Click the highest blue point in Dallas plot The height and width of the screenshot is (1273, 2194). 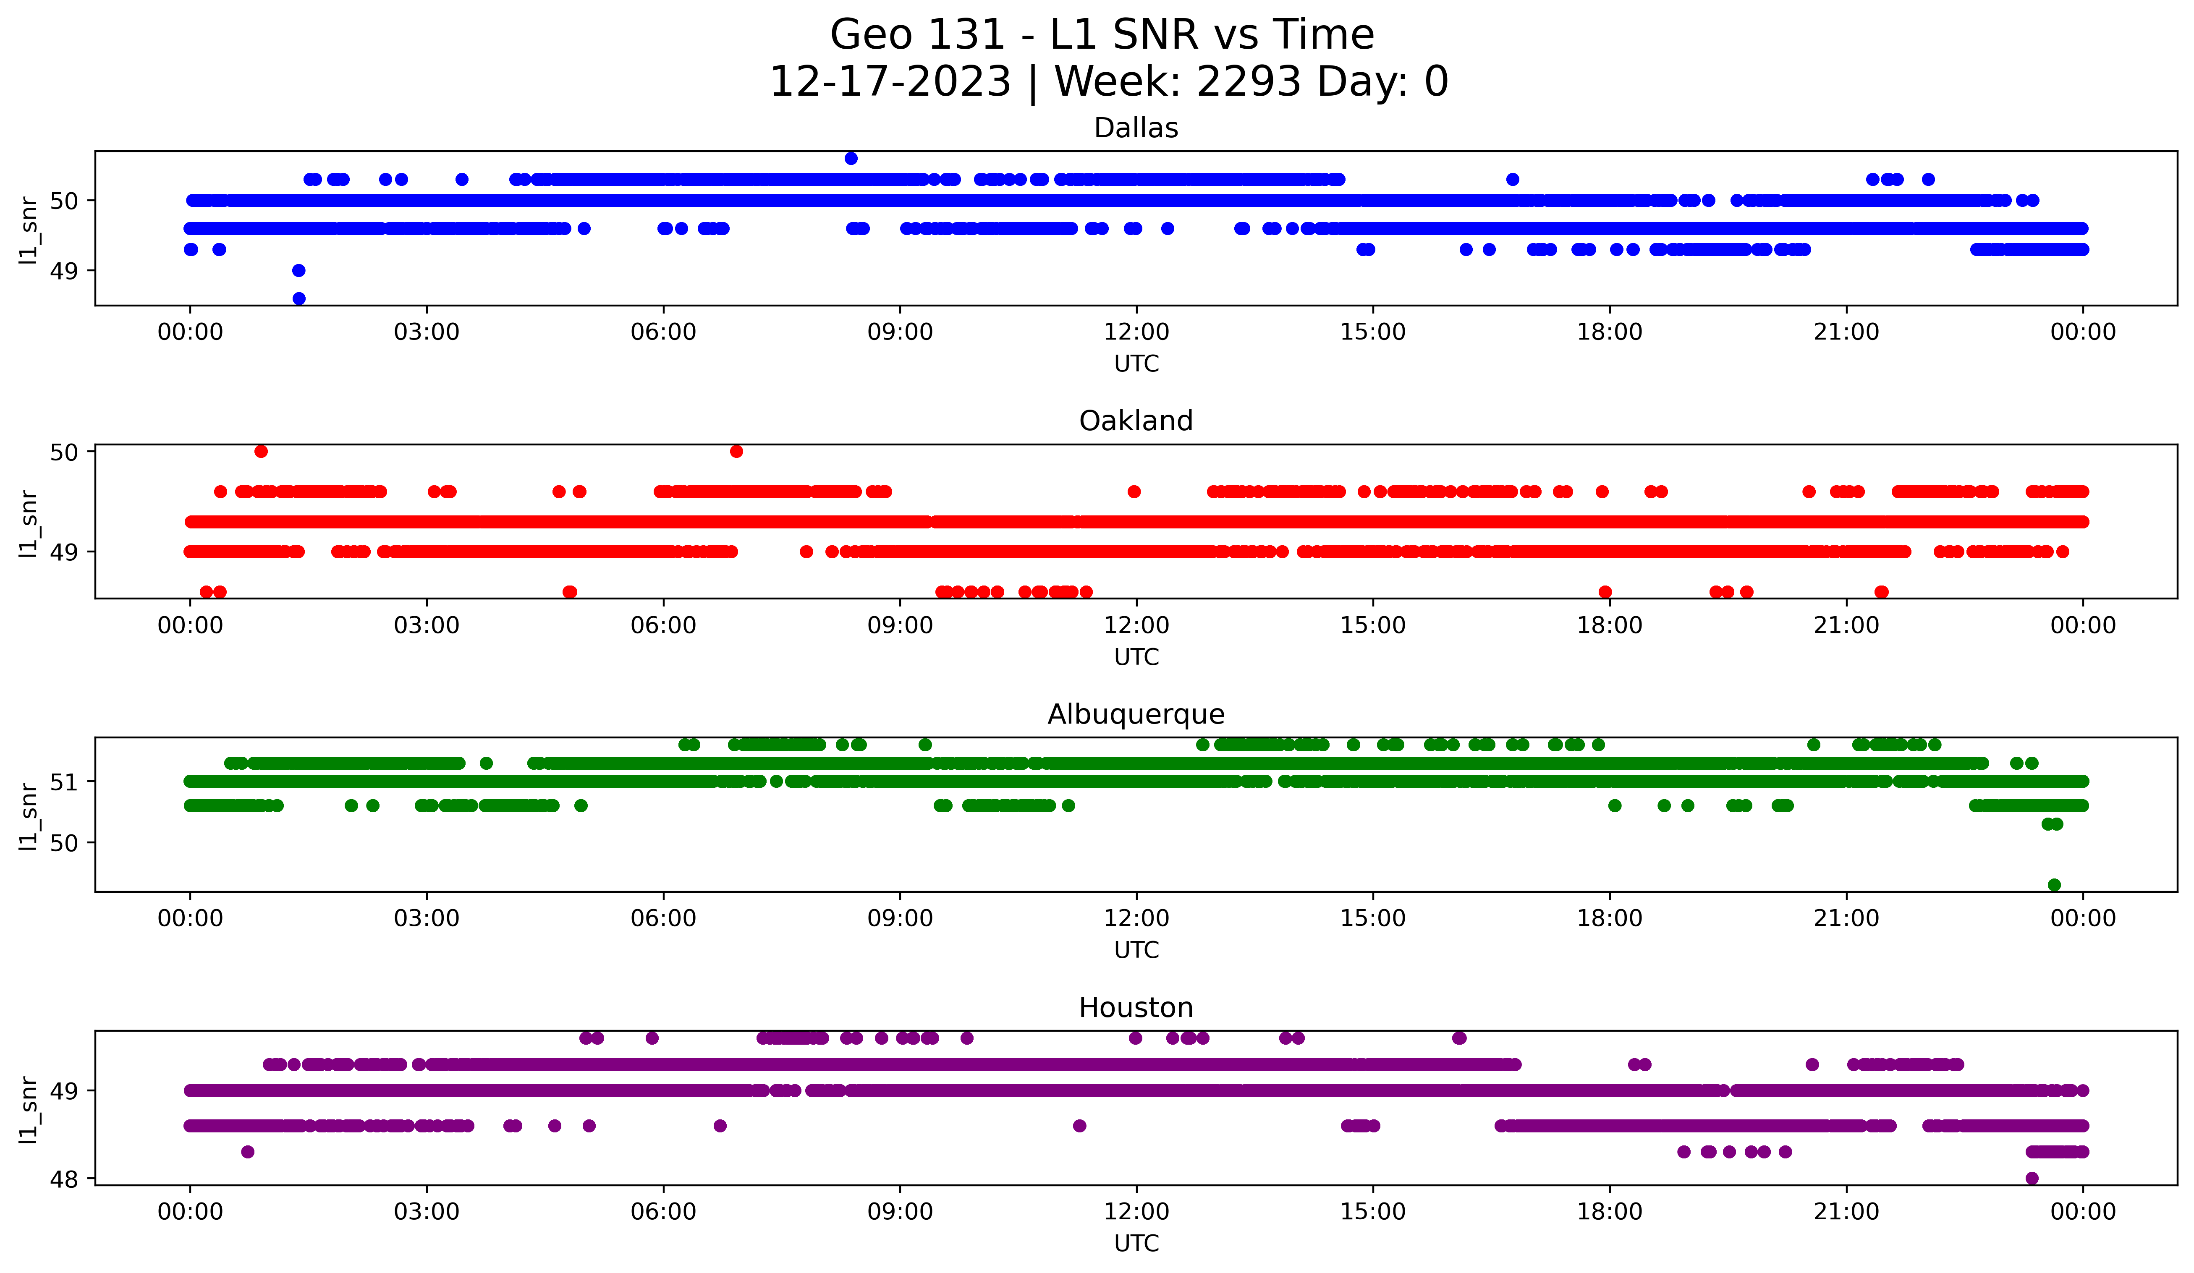851,158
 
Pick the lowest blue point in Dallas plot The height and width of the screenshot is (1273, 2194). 298,298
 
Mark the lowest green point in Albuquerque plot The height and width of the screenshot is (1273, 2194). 2054,885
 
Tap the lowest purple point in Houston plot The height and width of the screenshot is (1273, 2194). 2032,1178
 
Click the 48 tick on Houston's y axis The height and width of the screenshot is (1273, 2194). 63,1179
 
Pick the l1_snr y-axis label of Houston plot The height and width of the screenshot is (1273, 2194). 29,1109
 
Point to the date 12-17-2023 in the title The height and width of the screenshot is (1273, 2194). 890,82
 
